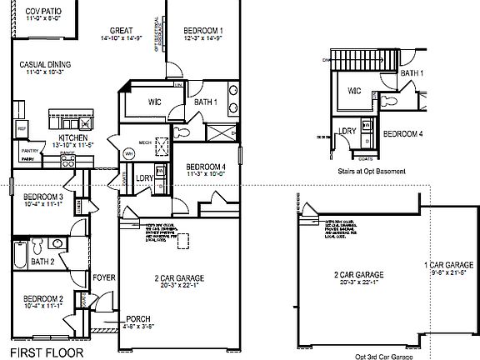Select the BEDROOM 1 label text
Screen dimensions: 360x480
click(203, 31)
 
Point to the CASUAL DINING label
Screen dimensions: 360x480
click(45, 65)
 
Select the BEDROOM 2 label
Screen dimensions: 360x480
click(43, 298)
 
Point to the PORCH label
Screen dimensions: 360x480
click(138, 319)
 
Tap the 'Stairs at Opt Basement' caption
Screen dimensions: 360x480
click(372, 172)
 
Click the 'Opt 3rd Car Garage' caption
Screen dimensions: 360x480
click(383, 356)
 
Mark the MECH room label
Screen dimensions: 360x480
click(144, 142)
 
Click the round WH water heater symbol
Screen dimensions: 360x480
click(129, 154)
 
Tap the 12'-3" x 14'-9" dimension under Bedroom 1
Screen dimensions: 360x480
click(203, 38)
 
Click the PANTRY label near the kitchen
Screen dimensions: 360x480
click(29, 150)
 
